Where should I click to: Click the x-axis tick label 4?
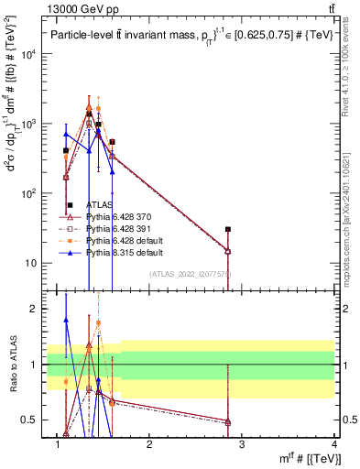334,444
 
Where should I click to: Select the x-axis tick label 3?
242,444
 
